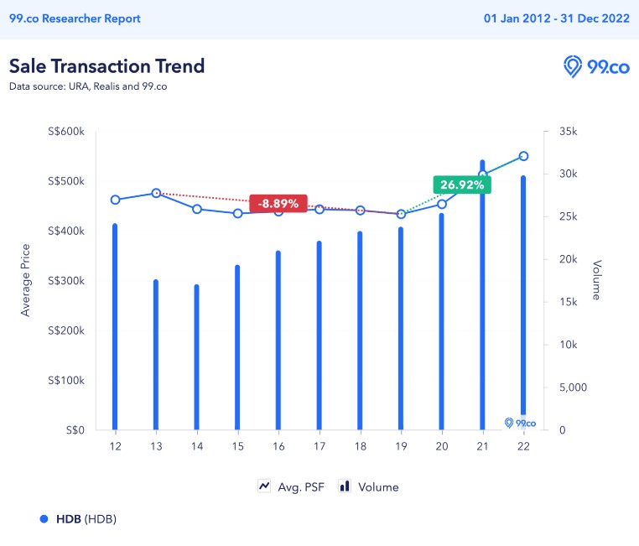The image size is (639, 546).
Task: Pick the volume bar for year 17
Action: (319, 335)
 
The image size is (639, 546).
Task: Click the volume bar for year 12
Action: (115, 327)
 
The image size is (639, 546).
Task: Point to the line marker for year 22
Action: (523, 156)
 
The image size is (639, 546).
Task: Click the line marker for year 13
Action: (156, 193)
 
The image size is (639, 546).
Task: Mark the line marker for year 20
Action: (442, 204)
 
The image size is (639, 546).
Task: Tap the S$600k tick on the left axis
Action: (67, 132)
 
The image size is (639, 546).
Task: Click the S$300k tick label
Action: (67, 281)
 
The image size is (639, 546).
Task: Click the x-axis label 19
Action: (401, 446)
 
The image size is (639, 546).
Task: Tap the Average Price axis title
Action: (26, 280)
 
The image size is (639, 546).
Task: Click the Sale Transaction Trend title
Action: (106, 65)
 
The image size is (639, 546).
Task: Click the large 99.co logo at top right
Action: (596, 67)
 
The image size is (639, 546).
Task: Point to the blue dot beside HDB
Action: (44, 518)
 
